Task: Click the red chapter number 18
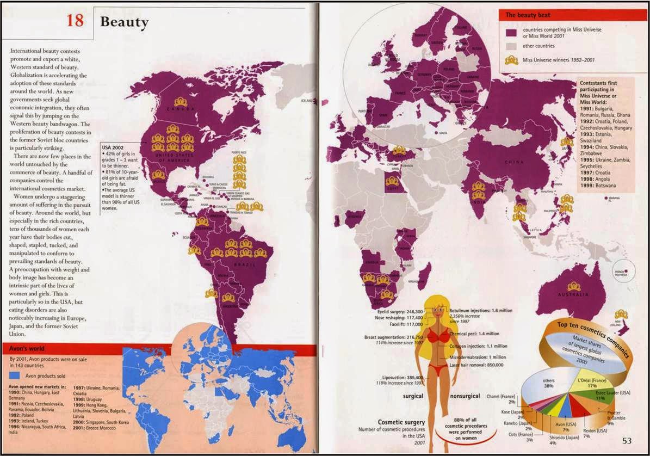pyautogui.click(x=75, y=21)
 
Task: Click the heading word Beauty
pyautogui.click(x=124, y=22)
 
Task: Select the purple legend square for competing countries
pyautogui.click(x=511, y=33)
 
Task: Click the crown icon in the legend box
pyautogui.click(x=511, y=60)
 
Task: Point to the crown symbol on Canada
pyautogui.click(x=181, y=102)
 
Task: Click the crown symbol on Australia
pyautogui.click(x=573, y=287)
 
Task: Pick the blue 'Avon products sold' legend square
pyautogui.click(x=15, y=375)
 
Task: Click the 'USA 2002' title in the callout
pyautogui.click(x=113, y=147)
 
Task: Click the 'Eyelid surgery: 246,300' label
pyautogui.click(x=400, y=311)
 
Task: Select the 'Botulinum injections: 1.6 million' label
pyautogui.click(x=480, y=311)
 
